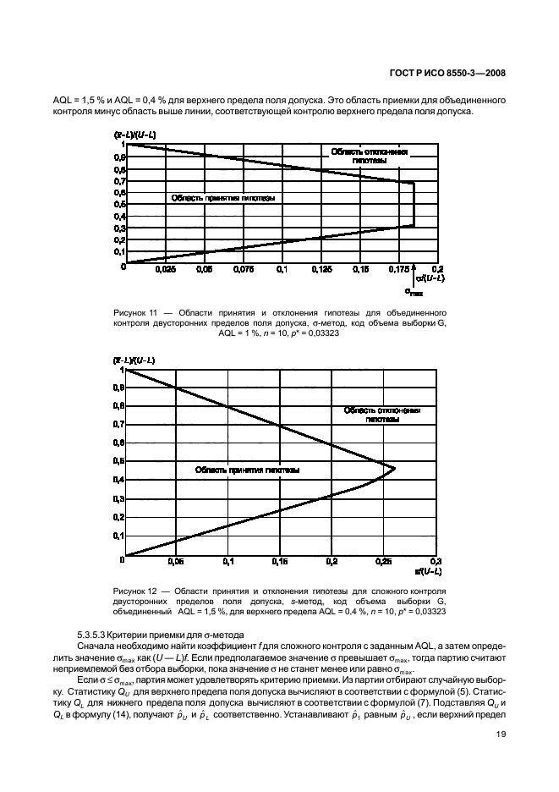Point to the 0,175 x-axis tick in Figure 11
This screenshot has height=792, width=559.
point(398,270)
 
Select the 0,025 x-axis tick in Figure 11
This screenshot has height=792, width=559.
point(166,270)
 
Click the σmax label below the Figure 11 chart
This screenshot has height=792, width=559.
point(414,292)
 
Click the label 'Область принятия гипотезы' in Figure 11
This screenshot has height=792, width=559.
point(224,198)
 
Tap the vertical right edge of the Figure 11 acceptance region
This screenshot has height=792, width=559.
point(414,204)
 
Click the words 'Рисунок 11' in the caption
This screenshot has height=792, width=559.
point(134,313)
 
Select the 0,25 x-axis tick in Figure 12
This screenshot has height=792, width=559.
point(383,562)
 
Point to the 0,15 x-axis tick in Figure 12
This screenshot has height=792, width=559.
point(279,562)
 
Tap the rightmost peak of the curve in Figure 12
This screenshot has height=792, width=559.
point(395,468)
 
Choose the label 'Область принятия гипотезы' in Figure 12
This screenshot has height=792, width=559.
point(247,470)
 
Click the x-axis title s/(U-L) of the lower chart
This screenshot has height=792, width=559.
point(429,573)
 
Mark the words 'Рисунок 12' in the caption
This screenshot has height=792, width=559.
point(134,589)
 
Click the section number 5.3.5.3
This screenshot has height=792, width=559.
point(91,635)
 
